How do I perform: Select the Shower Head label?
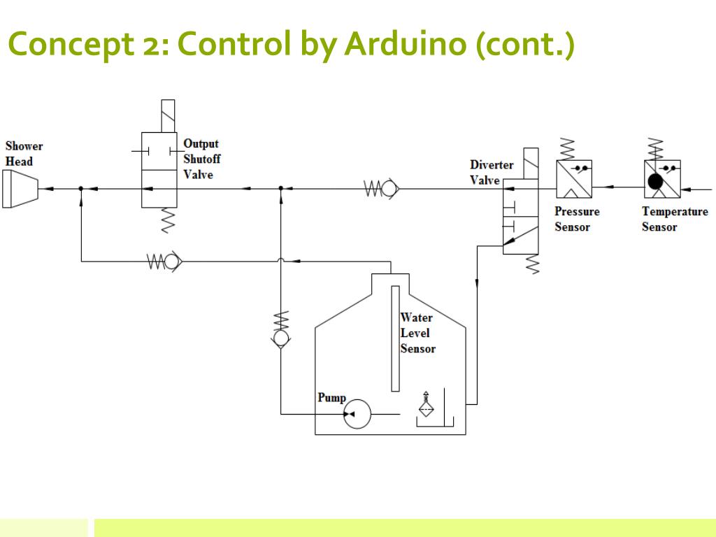(24, 154)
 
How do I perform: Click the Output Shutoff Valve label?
(201, 159)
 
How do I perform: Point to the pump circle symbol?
(358, 415)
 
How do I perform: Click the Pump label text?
(331, 398)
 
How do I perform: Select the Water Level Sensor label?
(417, 333)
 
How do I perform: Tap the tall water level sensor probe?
(395, 338)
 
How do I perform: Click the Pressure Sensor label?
(577, 219)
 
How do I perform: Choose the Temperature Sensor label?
(674, 219)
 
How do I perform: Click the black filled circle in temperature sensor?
(655, 182)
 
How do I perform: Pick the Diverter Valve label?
(491, 173)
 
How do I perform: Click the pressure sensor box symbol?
(574, 179)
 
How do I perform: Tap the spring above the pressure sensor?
(568, 149)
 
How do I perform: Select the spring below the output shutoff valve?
(167, 220)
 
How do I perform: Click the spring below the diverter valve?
(533, 264)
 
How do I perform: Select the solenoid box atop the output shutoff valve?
(168, 116)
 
